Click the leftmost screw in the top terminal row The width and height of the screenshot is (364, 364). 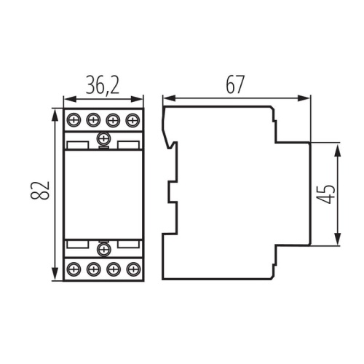[x=74, y=119]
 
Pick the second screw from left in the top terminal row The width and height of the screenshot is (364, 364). [x=92, y=119]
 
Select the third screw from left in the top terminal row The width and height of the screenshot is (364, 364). [x=112, y=119]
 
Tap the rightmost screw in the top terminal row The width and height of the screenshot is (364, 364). [x=132, y=119]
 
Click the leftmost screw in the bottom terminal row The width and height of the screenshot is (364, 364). [x=74, y=269]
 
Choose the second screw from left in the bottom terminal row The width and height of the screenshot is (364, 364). [x=92, y=269]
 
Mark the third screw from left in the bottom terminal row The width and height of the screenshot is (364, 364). [x=112, y=269]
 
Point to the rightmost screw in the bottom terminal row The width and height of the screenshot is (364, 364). [x=132, y=269]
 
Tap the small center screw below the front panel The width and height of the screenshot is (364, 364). [x=103, y=250]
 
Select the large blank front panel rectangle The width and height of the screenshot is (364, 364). [x=103, y=194]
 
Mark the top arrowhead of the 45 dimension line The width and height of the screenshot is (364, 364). [x=338, y=146]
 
